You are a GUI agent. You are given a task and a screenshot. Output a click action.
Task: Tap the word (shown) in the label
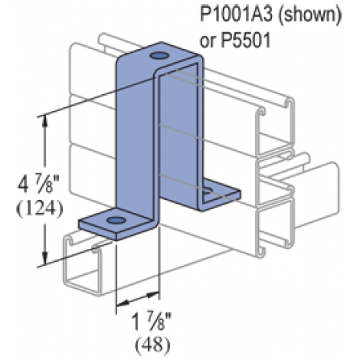[309, 15]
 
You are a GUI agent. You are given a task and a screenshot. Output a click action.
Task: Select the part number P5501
[245, 41]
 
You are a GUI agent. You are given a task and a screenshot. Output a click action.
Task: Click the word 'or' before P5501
[208, 42]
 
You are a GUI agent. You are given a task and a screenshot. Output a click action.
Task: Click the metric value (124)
[39, 209]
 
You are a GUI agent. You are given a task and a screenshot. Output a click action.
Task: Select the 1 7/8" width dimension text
[151, 322]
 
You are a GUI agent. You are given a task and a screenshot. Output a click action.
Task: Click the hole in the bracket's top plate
[159, 55]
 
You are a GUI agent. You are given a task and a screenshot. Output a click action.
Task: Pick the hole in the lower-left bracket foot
[116, 220]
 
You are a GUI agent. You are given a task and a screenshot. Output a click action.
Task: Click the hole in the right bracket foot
[208, 191]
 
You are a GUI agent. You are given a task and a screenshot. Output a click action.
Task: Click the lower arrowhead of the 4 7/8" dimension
[45, 258]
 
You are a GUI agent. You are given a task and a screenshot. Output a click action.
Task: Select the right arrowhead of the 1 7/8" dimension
[153, 296]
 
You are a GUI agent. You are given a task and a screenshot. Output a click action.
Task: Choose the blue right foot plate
[220, 194]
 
